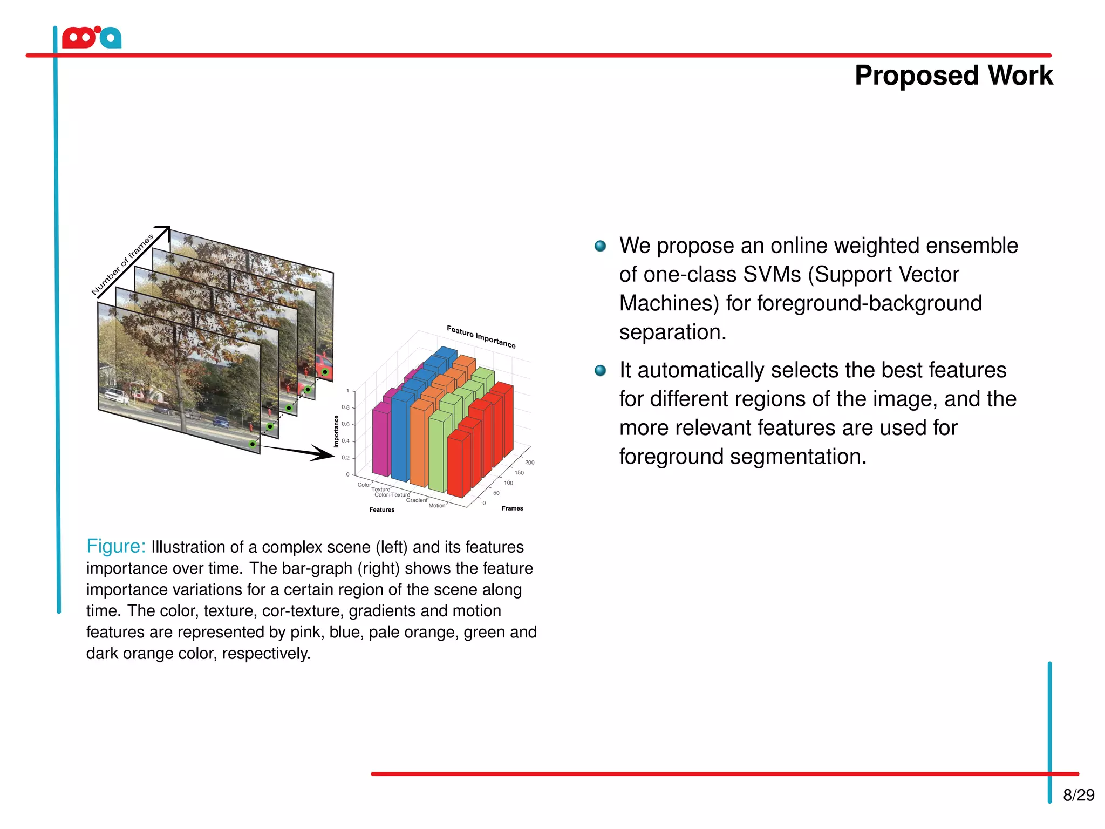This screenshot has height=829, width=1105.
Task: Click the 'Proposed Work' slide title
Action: pos(953,76)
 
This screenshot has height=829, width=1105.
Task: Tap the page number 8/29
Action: pos(1078,795)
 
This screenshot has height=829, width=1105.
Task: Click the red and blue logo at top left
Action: pos(92,38)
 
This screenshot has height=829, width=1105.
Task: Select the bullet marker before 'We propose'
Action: pos(600,247)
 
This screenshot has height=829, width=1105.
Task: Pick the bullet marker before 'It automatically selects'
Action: pos(600,371)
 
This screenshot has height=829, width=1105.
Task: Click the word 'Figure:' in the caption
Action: pos(116,546)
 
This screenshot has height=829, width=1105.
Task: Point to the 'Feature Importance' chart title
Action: pos(481,337)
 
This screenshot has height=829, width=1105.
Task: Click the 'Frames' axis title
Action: pos(512,508)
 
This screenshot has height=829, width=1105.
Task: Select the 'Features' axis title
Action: pos(381,510)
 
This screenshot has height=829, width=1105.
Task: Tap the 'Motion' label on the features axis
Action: pos(436,506)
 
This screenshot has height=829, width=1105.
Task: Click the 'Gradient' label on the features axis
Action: pos(417,500)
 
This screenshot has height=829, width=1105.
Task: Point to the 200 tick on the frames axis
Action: pos(529,463)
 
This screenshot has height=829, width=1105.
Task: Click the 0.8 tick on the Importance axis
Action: pos(345,407)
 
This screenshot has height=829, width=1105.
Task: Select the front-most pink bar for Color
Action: pos(380,440)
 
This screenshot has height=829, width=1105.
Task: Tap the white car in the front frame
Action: pos(117,396)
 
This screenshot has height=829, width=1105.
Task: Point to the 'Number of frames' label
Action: pos(122,265)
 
